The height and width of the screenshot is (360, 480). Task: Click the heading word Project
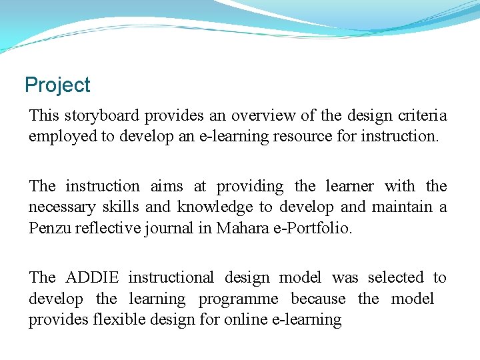click(57, 85)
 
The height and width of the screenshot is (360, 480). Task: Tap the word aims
click(167, 186)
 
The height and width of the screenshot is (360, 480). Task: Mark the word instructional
click(171, 277)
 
